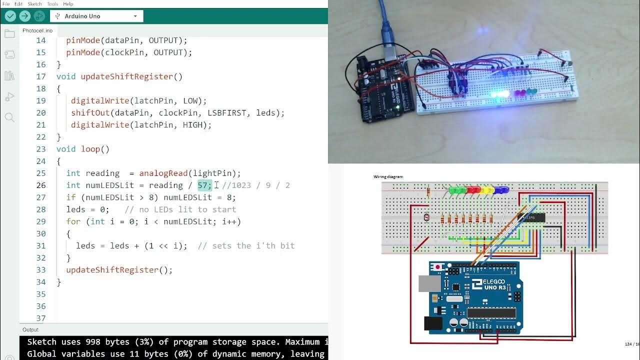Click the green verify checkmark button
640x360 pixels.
coord(10,16)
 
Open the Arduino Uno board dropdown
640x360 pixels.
coord(96,16)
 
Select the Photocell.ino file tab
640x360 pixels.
coord(37,30)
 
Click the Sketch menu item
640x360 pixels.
coord(34,4)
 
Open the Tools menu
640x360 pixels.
coord(52,4)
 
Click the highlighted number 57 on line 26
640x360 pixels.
coord(204,185)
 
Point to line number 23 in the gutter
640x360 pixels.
coord(40,149)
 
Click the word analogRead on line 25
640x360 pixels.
coord(163,173)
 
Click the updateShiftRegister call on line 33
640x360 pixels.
coord(112,270)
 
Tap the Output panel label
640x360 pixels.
coord(30,329)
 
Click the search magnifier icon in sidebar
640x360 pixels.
coord(9,117)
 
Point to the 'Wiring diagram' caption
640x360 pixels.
coord(388,177)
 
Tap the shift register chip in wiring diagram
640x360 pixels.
coord(532,217)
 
